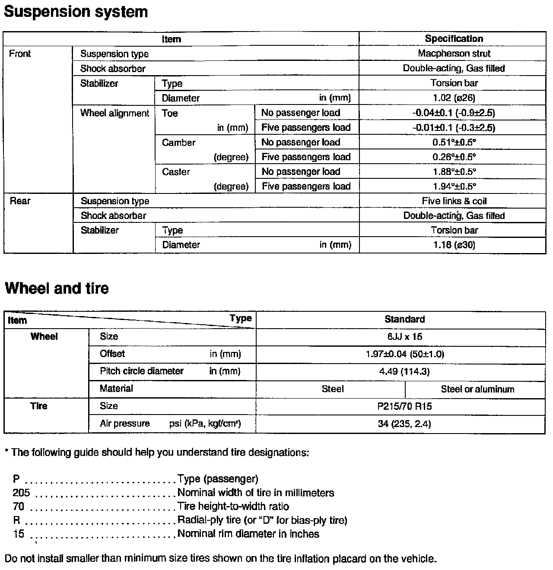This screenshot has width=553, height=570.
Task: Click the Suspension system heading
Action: [76, 12]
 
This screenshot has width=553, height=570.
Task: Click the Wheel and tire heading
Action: [57, 288]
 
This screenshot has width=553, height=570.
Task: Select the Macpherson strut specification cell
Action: [454, 54]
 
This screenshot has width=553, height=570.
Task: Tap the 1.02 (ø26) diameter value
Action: [454, 98]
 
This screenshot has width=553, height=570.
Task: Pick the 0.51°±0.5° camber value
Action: [454, 142]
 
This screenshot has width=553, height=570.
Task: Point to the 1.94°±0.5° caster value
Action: [454, 187]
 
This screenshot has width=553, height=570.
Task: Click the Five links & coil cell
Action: [454, 201]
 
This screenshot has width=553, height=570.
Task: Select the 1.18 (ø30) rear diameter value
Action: [454, 245]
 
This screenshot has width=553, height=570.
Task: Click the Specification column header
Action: [454, 39]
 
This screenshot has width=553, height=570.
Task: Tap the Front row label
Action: [20, 54]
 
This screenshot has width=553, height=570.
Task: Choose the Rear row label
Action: [20, 201]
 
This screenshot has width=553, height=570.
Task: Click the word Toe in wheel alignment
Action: [170, 113]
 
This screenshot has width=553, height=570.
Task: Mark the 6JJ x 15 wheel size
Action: [404, 337]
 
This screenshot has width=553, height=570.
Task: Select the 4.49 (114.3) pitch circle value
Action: [404, 371]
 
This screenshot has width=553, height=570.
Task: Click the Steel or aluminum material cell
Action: [477, 389]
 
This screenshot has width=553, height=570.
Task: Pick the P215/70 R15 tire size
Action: [404, 406]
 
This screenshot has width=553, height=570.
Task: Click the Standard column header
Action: [404, 320]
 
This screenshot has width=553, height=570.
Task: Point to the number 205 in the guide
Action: [21, 493]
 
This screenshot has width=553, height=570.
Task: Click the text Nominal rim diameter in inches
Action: [248, 534]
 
